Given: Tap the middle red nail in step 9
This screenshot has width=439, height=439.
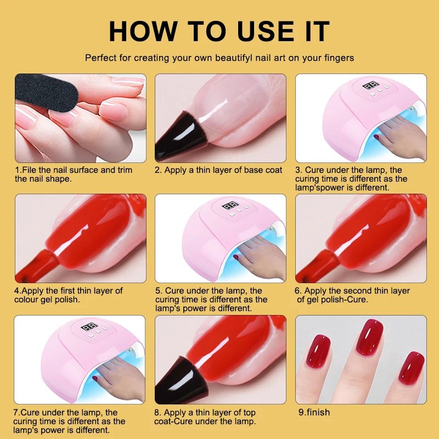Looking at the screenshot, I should tap(370, 337).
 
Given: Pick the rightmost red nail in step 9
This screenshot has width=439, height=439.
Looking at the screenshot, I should tap(412, 368).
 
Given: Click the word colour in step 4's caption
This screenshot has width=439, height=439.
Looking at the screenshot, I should tap(27, 300).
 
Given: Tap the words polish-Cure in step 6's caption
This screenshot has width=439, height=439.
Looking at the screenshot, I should tap(345, 300).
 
